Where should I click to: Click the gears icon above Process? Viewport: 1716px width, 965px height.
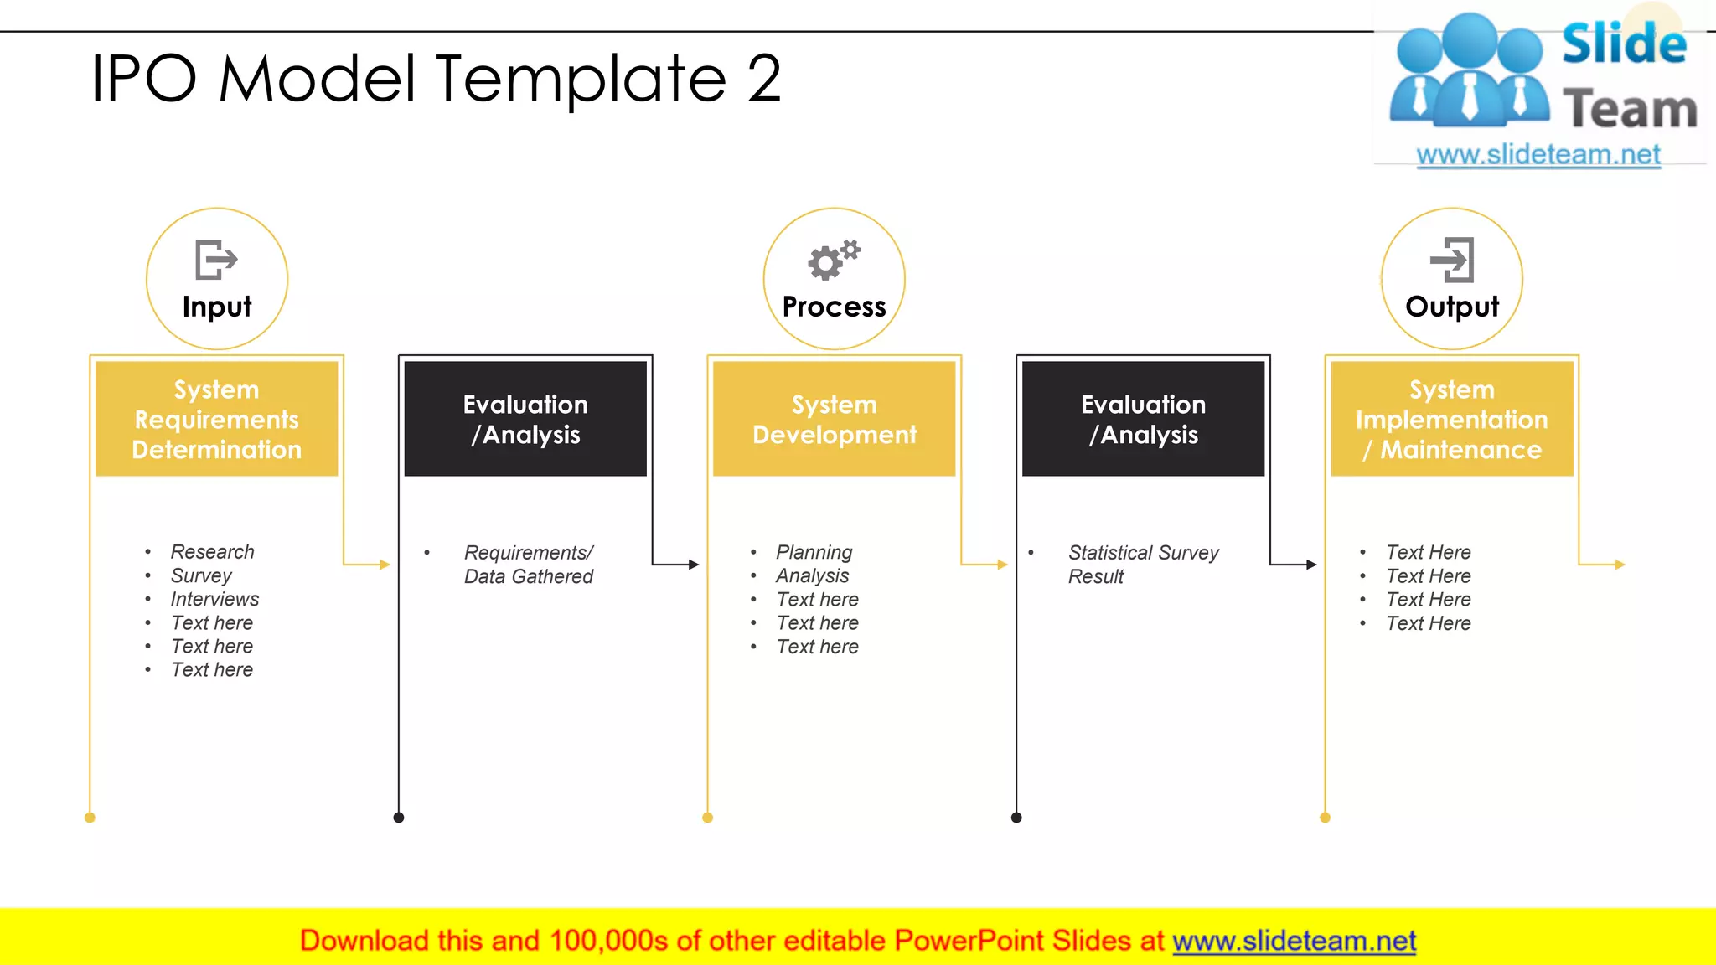(833, 260)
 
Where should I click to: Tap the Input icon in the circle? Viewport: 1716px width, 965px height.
(216, 260)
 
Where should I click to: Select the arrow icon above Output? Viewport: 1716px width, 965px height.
(1452, 260)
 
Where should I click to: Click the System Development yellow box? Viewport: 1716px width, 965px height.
(834, 419)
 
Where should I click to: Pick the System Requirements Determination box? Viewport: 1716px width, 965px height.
(216, 419)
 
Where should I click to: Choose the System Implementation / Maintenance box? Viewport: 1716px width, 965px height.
(1451, 419)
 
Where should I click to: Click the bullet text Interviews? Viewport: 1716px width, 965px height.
(214, 599)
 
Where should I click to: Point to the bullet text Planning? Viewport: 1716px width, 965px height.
(814, 552)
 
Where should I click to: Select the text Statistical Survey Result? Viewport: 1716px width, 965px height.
(1142, 564)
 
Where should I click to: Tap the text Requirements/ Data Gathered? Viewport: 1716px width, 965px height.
(528, 564)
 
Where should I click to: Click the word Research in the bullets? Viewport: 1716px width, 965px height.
(212, 552)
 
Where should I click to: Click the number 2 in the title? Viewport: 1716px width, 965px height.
(763, 78)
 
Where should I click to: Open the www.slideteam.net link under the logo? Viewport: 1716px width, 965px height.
(1538, 155)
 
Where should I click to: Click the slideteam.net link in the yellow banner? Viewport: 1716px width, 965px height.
(1294, 941)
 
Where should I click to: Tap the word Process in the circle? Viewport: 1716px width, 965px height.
(834, 307)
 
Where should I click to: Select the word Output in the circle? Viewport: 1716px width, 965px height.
(1452, 307)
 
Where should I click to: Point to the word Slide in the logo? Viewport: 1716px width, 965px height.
(1623, 44)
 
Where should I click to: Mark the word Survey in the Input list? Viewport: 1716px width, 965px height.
(201, 575)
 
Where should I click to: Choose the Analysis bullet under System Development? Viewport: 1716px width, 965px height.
(812, 575)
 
